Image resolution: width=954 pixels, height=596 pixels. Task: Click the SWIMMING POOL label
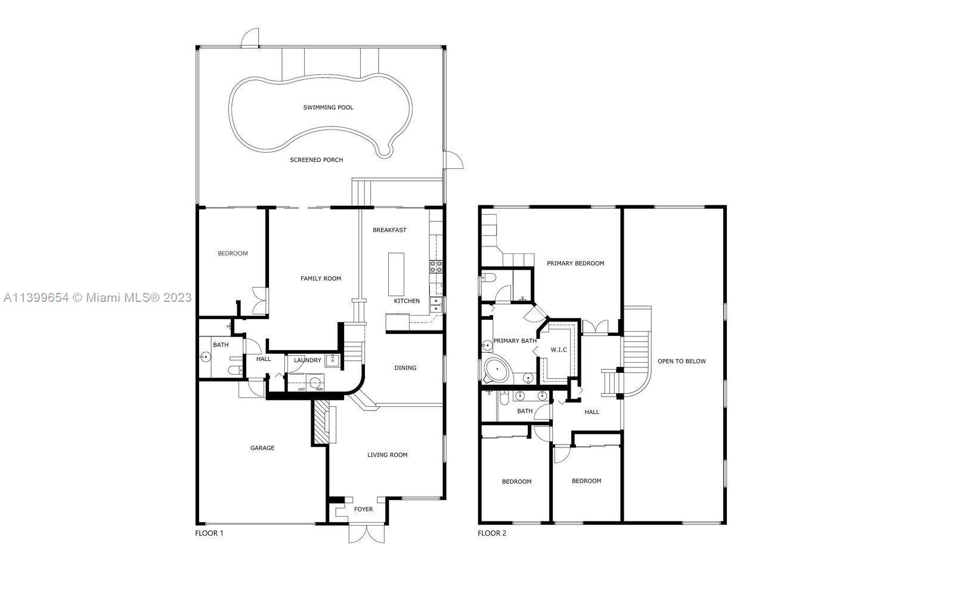328,107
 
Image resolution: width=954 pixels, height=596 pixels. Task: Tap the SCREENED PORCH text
316,160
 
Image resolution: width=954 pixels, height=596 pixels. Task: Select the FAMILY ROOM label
321,279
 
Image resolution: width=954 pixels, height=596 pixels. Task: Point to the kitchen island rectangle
396,274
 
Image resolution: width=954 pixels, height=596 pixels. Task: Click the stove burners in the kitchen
436,267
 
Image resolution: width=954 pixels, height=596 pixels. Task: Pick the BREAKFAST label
389,230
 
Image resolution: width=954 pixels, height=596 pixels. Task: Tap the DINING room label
405,368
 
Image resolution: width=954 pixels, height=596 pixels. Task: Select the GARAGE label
262,447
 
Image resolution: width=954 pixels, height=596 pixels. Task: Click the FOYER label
363,509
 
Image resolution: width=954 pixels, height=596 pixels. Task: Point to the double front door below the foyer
366,534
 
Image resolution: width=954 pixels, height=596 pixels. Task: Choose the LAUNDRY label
308,360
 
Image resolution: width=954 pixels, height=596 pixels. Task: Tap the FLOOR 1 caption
209,533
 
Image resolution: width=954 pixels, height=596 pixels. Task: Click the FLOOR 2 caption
492,533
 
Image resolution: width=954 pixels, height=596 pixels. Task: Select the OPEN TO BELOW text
682,362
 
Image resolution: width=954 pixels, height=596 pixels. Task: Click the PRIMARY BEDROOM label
575,263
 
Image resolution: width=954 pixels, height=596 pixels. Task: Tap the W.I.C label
559,350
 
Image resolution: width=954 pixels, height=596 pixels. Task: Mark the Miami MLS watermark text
98,297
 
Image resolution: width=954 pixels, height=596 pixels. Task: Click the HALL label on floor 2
592,412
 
